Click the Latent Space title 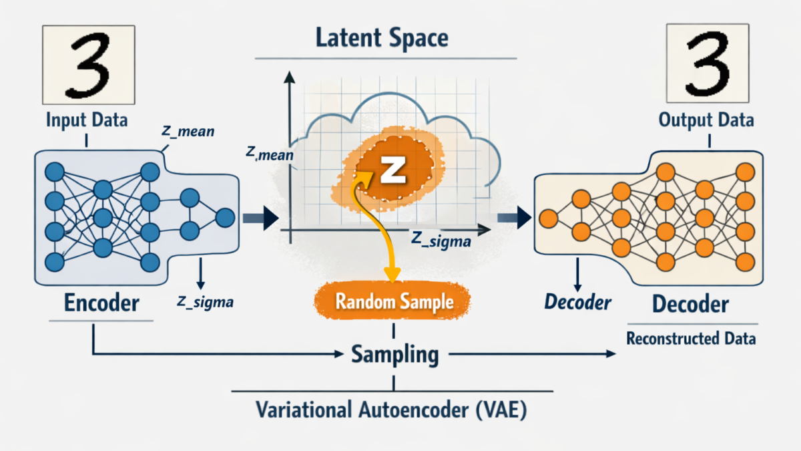382,37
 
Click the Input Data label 87,121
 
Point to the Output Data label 706,120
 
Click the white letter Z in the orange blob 392,170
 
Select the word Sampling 395,354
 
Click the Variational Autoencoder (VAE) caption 392,410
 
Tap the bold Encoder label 101,303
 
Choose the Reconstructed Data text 691,339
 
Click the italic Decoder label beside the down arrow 577,302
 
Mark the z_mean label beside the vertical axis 269,154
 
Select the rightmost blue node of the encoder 225,217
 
